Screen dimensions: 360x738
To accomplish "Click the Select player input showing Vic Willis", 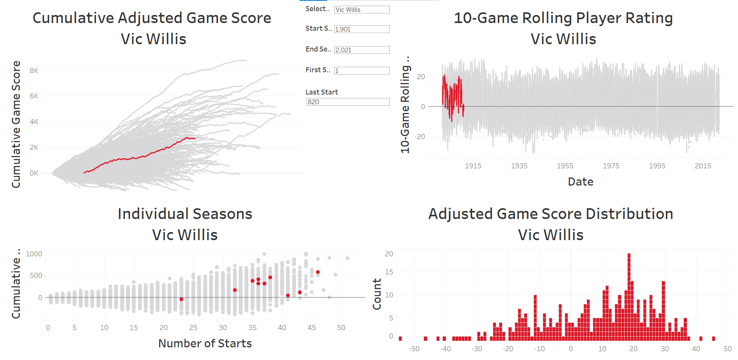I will [x=362, y=10].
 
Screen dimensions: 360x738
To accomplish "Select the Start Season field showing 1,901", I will [x=362, y=29].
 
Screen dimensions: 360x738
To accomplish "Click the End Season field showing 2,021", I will [x=362, y=50].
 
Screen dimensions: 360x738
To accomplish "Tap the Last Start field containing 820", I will [x=348, y=102].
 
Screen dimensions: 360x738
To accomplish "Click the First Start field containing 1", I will [x=362, y=71].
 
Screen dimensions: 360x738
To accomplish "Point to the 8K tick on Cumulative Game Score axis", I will [x=34, y=71].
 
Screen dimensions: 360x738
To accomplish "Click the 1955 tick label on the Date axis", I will [x=565, y=166].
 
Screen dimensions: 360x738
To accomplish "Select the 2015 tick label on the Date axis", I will [x=703, y=166].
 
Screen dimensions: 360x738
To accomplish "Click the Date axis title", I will [x=580, y=182].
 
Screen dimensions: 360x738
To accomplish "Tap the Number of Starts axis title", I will [x=205, y=343].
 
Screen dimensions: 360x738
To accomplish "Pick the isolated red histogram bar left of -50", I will [x=400, y=338].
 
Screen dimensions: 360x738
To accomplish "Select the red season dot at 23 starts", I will [x=181, y=299].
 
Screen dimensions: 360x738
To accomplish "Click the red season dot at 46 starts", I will [x=318, y=272].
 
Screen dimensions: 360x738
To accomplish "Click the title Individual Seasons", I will [x=185, y=214].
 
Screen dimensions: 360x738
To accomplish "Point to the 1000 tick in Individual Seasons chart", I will [x=34, y=254].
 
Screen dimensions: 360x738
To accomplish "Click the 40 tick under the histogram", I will [x=696, y=349].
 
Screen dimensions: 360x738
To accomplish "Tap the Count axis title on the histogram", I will [x=377, y=294].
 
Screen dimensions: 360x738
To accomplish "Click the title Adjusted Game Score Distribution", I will [x=550, y=214].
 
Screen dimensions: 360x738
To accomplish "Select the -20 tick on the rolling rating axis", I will [x=420, y=137].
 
